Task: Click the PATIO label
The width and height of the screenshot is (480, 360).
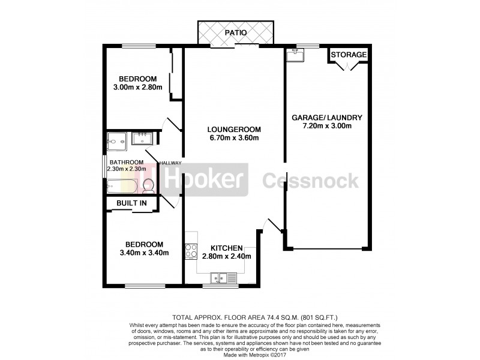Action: (x=236, y=32)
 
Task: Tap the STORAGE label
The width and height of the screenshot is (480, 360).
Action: (x=348, y=55)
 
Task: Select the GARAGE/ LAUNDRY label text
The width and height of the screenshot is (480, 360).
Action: (x=327, y=117)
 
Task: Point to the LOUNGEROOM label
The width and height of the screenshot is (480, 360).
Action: (x=233, y=129)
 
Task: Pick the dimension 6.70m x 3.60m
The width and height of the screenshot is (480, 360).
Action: (x=233, y=138)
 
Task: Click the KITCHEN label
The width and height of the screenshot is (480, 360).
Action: (x=226, y=248)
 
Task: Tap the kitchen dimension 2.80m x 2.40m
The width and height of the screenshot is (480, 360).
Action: (x=226, y=257)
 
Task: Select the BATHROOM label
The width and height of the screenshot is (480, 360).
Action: (x=126, y=162)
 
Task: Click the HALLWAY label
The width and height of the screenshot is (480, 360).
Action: (x=170, y=163)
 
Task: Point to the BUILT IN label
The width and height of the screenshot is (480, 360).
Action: (x=131, y=203)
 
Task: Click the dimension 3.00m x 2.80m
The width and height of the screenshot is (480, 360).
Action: (x=137, y=88)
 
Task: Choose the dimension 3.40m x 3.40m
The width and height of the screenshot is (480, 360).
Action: (x=144, y=253)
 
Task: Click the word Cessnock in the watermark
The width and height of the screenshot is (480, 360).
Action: (x=310, y=179)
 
